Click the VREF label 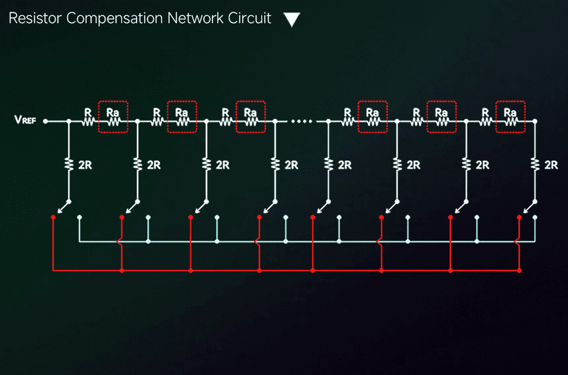[x=25, y=119]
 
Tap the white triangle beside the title [x=291, y=20]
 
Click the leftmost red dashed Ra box [x=113, y=117]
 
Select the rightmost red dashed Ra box [x=510, y=117]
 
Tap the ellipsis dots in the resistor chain [x=302, y=121]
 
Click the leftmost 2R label [x=85, y=165]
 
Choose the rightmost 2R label [x=551, y=165]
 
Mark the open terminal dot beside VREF [x=46, y=121]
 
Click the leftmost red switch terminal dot [x=53, y=217]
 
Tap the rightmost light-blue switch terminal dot [x=535, y=217]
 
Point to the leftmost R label [x=88, y=113]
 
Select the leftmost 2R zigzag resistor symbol [x=68, y=164]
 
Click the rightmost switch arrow [x=529, y=208]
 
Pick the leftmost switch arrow [x=63, y=208]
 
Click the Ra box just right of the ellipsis [x=373, y=117]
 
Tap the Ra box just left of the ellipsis [x=250, y=117]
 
